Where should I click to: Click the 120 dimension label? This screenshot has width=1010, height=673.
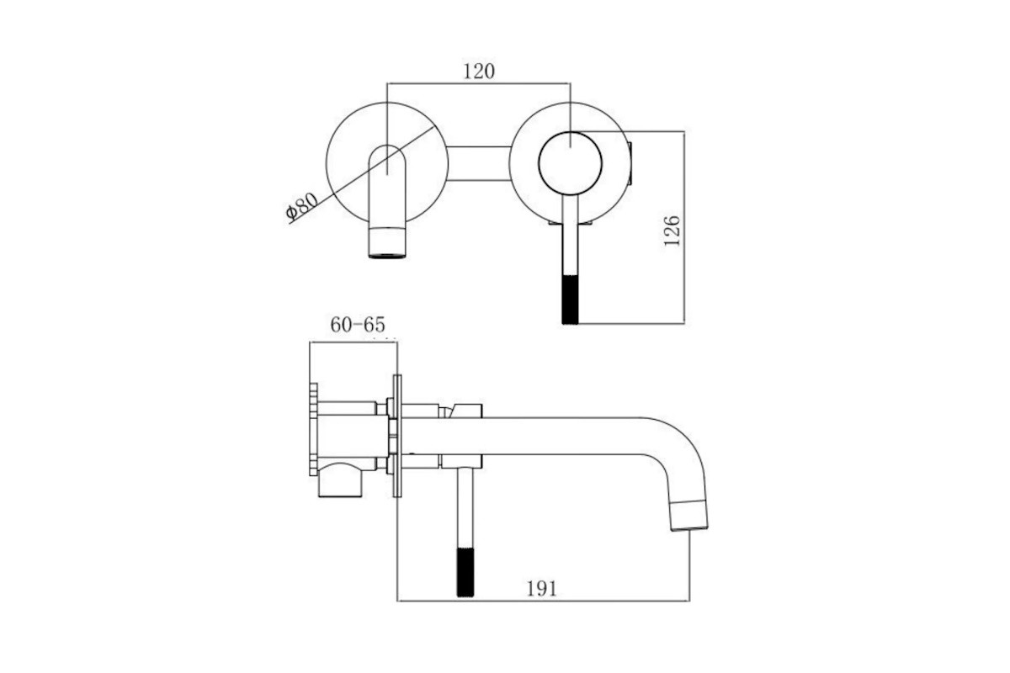pyautogui.click(x=479, y=72)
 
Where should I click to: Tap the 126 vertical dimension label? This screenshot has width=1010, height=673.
pyautogui.click(x=672, y=231)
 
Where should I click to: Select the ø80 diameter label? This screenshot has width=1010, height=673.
pyautogui.click(x=302, y=206)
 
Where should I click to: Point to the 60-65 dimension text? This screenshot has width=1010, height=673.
pyautogui.click(x=358, y=325)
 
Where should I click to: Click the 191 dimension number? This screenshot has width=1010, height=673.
pyautogui.click(x=541, y=589)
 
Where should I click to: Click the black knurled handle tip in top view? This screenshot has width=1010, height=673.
pyautogui.click(x=570, y=299)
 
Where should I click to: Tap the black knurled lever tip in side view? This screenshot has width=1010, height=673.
pyautogui.click(x=465, y=572)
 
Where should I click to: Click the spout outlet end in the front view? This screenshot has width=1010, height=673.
pyautogui.click(x=387, y=242)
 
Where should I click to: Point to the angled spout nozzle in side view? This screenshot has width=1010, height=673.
pyautogui.click(x=688, y=514)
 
